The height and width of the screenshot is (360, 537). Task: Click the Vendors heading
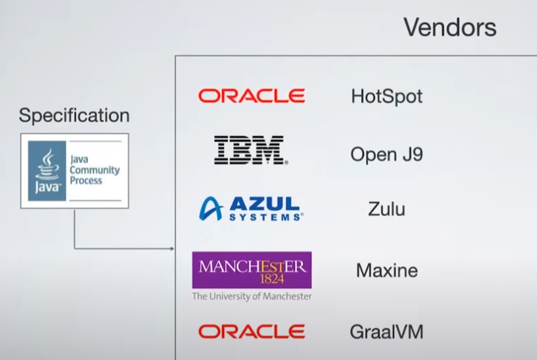(x=450, y=28)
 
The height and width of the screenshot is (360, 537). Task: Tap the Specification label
(x=74, y=116)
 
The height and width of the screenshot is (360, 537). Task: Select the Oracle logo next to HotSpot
(x=251, y=96)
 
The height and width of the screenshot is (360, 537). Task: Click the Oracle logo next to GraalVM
(x=251, y=331)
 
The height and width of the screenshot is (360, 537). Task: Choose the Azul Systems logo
(x=250, y=209)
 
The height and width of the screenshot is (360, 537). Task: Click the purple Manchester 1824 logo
(x=252, y=270)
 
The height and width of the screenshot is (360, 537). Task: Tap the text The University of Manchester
(x=252, y=296)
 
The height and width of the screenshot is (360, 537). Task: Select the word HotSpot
(x=386, y=96)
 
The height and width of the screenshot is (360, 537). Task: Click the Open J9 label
(x=386, y=155)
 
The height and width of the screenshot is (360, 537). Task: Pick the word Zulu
(x=386, y=209)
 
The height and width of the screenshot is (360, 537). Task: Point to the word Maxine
(x=386, y=271)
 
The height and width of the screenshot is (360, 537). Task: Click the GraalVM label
(x=386, y=332)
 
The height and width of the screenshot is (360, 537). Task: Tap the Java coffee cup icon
(x=47, y=161)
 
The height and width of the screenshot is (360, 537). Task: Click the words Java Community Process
(x=94, y=170)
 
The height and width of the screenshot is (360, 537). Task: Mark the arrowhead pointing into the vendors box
(x=172, y=248)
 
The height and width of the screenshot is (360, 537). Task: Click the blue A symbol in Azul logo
(x=211, y=209)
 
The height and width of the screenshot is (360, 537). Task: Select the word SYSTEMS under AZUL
(x=266, y=217)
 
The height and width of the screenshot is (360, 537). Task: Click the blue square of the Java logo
(x=47, y=170)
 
